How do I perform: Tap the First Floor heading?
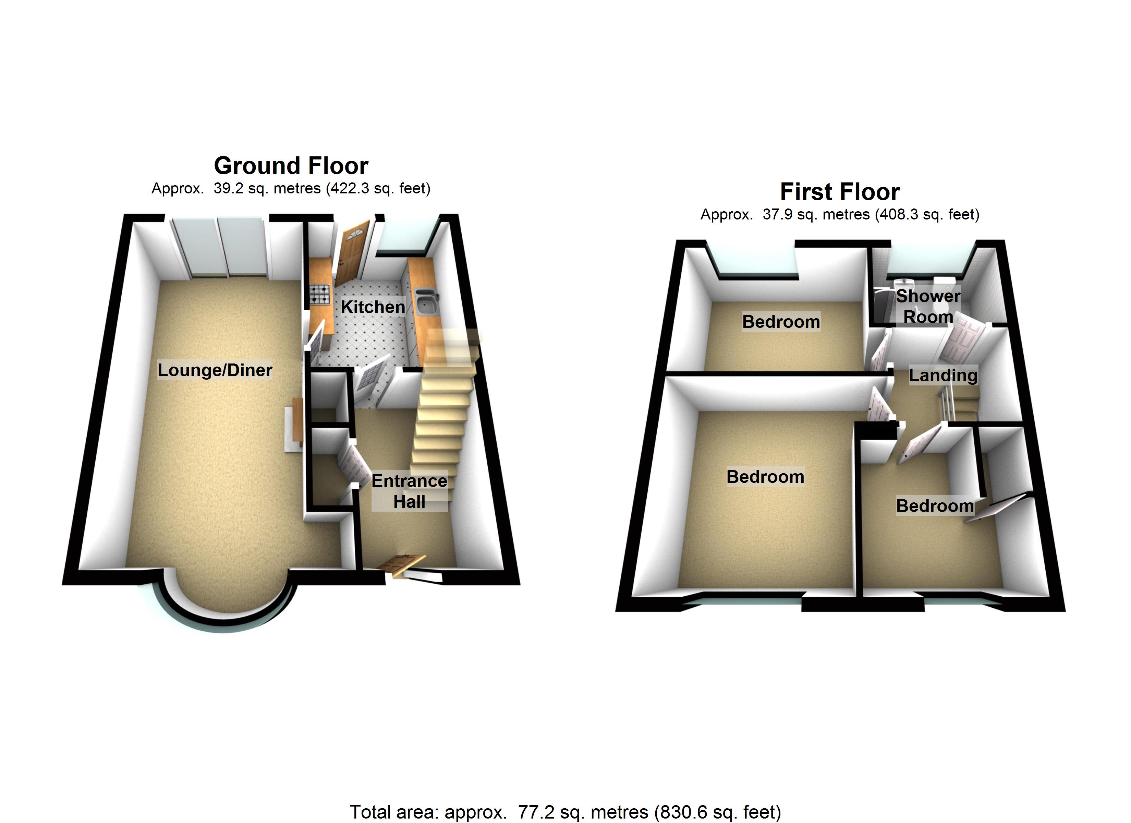[840, 192]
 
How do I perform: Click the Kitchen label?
[373, 307]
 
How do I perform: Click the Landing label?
[942, 375]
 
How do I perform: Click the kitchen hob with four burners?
[320, 295]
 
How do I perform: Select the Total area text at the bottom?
[565, 812]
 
